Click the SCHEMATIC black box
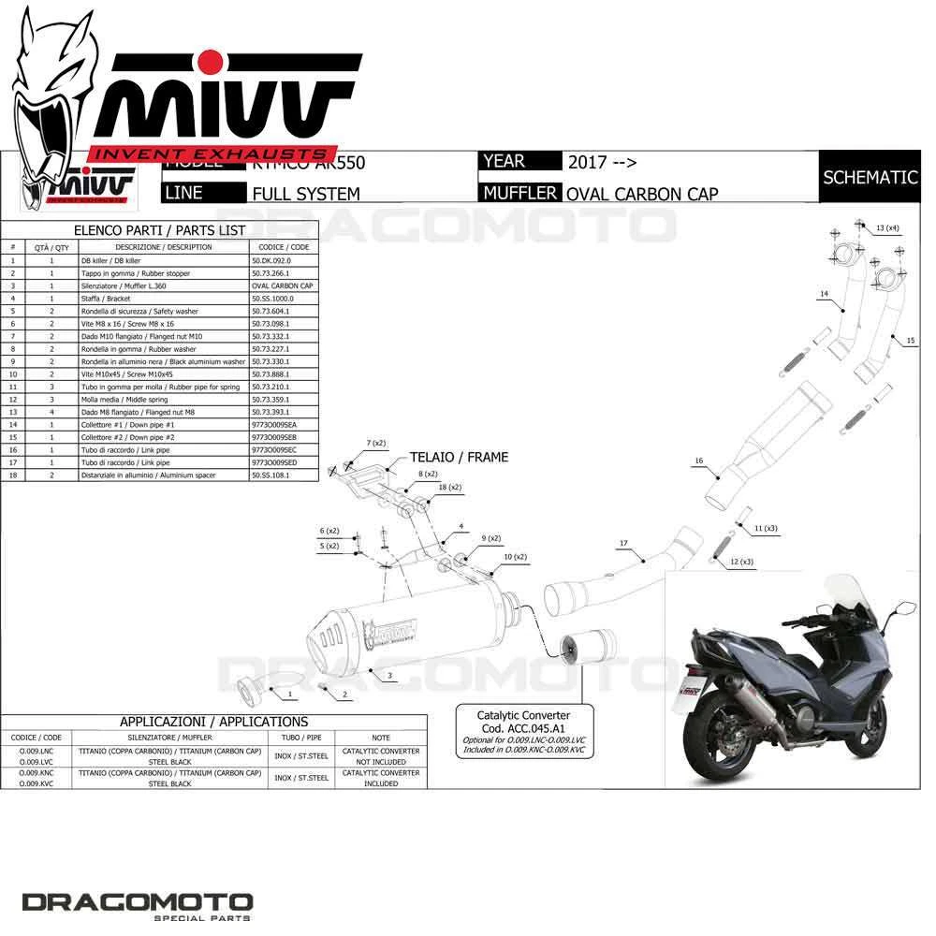(870, 177)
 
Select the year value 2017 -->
(602, 162)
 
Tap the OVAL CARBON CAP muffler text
(642, 194)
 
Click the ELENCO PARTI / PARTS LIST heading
(159, 230)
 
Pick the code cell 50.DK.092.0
(271, 260)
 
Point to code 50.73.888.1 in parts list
(271, 373)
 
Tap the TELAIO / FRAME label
(459, 458)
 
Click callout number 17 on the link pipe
(622, 543)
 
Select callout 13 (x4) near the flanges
(887, 228)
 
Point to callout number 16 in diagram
(698, 461)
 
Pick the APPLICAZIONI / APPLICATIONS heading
(213, 722)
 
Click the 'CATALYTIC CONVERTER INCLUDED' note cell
(380, 778)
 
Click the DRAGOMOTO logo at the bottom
(138, 903)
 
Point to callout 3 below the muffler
(388, 674)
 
